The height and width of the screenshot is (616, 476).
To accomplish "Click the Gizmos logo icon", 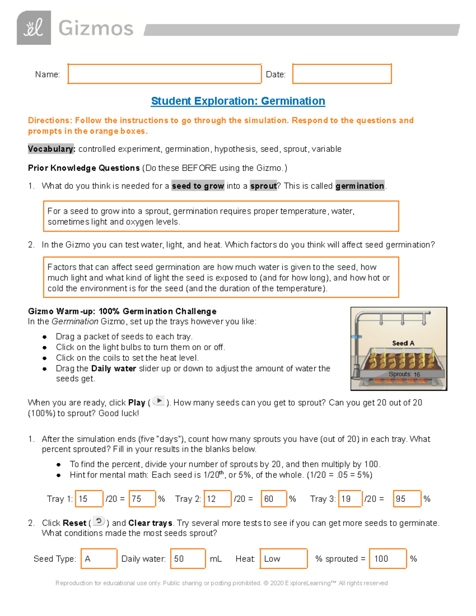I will [34, 28].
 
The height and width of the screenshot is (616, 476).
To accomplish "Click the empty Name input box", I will [164, 74].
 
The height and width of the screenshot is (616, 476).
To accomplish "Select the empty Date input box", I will [342, 74].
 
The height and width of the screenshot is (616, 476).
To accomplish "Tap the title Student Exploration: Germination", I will [238, 101].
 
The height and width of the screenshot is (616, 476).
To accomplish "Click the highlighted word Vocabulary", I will [51, 149].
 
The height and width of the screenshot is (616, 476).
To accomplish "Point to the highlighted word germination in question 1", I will [360, 186].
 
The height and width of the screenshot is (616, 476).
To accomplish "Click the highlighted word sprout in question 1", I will [263, 186].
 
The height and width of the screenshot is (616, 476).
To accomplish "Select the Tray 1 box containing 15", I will [89, 499].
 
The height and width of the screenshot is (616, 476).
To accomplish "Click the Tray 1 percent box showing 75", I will [142, 499].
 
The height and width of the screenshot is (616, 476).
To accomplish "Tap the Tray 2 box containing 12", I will [217, 499].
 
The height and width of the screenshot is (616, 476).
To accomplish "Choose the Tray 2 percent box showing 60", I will [274, 499].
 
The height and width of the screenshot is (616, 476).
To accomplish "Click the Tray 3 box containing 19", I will [350, 499].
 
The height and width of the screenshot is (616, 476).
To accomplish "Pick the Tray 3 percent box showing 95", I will [407, 499].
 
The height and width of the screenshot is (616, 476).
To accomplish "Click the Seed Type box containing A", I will [99, 558].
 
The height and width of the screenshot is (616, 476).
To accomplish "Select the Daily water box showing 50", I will [188, 558].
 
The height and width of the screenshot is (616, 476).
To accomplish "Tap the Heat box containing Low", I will [284, 558].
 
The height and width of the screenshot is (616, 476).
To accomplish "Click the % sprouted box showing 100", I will [388, 558].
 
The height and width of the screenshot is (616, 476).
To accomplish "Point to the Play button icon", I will [159, 401].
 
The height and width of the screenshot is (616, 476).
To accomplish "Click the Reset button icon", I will [99, 521].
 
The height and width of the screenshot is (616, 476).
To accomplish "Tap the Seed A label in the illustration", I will [403, 343].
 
